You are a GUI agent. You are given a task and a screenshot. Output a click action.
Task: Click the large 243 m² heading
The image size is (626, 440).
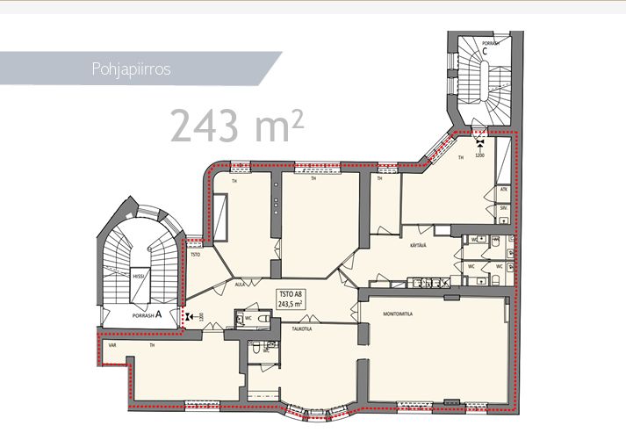(x=237, y=126)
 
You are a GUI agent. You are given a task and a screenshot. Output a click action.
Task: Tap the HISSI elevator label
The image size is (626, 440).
(x=138, y=275)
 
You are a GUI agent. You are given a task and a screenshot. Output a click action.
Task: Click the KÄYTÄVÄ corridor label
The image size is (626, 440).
(x=416, y=245)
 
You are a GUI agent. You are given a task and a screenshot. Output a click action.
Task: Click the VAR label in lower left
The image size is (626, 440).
(x=112, y=345)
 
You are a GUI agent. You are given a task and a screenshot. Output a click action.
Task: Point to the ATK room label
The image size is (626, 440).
(x=504, y=189)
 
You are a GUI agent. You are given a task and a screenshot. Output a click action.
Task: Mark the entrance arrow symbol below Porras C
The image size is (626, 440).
(x=480, y=140)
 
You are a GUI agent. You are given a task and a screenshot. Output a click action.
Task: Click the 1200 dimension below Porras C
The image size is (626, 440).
(x=480, y=155)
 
